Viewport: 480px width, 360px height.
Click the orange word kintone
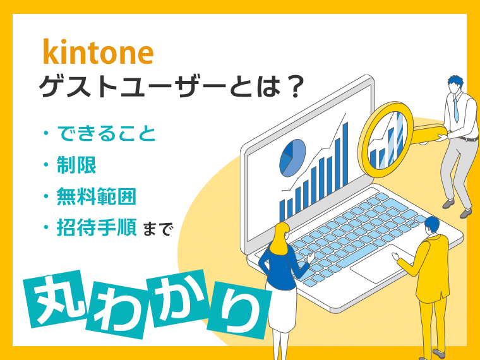[x=98, y=53]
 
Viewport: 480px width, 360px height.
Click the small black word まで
[x=158, y=229]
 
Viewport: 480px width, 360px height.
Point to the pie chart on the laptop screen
[x=292, y=157]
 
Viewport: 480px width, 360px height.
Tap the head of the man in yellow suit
[x=432, y=225]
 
